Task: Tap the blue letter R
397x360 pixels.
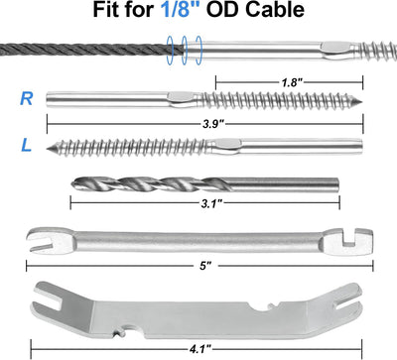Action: [27, 99]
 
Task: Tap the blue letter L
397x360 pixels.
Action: [27, 145]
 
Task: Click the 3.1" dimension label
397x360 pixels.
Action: [210, 203]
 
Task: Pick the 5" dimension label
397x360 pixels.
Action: [205, 266]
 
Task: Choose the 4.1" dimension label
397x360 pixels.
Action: [200, 349]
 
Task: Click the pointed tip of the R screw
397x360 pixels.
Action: [361, 101]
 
